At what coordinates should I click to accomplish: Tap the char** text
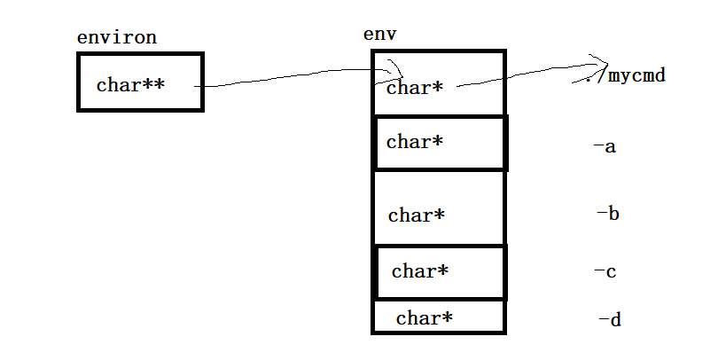click(x=130, y=85)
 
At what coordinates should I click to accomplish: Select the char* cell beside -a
click(x=441, y=143)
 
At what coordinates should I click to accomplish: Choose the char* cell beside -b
click(x=438, y=207)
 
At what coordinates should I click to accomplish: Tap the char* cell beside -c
click(x=440, y=272)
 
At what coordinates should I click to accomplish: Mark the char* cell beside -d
click(x=438, y=317)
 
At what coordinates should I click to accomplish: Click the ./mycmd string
click(x=626, y=76)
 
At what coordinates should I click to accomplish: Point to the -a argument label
click(x=605, y=146)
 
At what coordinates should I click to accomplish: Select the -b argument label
click(x=607, y=214)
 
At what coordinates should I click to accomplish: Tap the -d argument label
click(x=609, y=319)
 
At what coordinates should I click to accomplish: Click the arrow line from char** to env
click(x=293, y=78)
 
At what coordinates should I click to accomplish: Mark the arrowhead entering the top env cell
click(x=396, y=70)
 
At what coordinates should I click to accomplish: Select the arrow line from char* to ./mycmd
click(x=523, y=76)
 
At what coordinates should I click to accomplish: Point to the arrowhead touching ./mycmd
click(x=599, y=65)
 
